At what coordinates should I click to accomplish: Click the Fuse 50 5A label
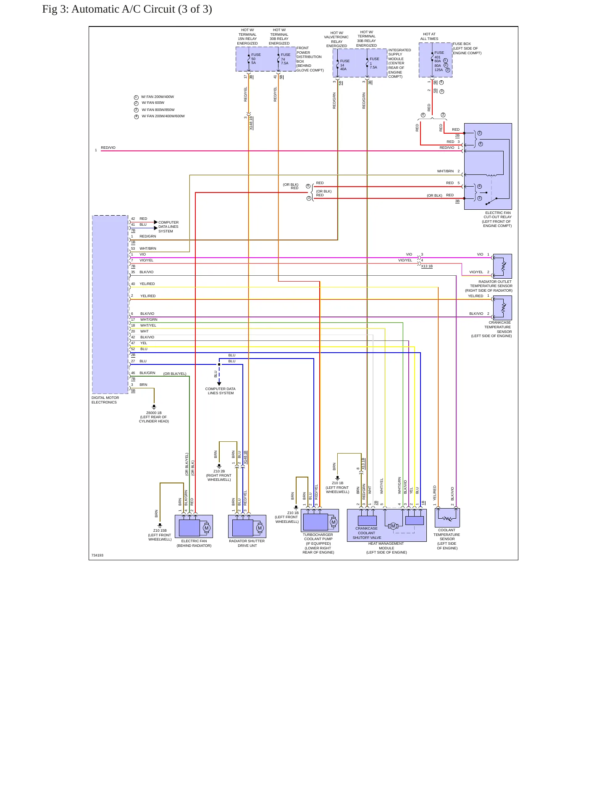[256, 59]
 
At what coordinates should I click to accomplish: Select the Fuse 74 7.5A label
[286, 59]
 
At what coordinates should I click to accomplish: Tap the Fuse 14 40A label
[345, 65]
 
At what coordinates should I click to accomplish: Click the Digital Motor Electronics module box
[110, 304]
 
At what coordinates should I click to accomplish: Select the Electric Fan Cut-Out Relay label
[497, 219]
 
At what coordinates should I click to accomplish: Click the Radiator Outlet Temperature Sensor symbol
[502, 266]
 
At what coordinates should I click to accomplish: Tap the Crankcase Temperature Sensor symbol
[502, 308]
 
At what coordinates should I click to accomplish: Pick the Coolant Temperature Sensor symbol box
[447, 518]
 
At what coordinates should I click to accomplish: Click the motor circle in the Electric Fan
[206, 528]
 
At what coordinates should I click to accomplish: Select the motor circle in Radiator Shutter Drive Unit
[260, 528]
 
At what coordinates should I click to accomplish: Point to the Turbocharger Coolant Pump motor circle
[334, 522]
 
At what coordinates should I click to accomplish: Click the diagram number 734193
[97, 555]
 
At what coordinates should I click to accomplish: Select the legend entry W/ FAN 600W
[153, 103]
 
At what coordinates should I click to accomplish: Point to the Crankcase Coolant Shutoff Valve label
[367, 533]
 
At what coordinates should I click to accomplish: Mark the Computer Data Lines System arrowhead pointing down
[219, 384]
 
